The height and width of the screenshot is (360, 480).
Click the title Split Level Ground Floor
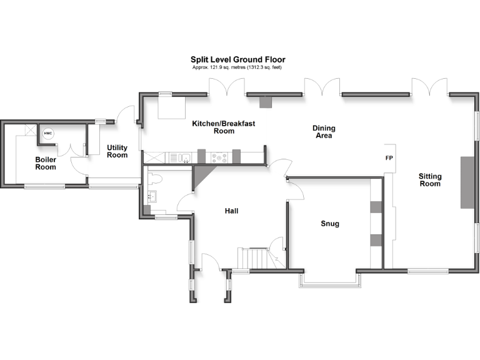pos(237,60)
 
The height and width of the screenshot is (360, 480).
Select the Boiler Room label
pos(46,164)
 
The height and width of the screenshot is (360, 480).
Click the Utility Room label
pos(117,151)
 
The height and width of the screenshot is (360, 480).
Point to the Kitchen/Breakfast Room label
pos(223,127)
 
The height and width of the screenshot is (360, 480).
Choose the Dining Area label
pos(324,132)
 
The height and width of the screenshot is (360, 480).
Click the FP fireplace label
pos(389,158)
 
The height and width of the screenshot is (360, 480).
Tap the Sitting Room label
pos(429,180)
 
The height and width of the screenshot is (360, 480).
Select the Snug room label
pos(329,224)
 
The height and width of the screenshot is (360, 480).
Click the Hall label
pos(231,211)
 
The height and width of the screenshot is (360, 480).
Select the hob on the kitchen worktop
pos(219,157)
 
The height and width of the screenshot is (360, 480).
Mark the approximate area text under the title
pos(237,67)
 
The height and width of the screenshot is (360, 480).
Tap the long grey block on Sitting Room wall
pos(466,182)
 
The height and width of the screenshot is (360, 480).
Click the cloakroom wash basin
pos(152,197)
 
